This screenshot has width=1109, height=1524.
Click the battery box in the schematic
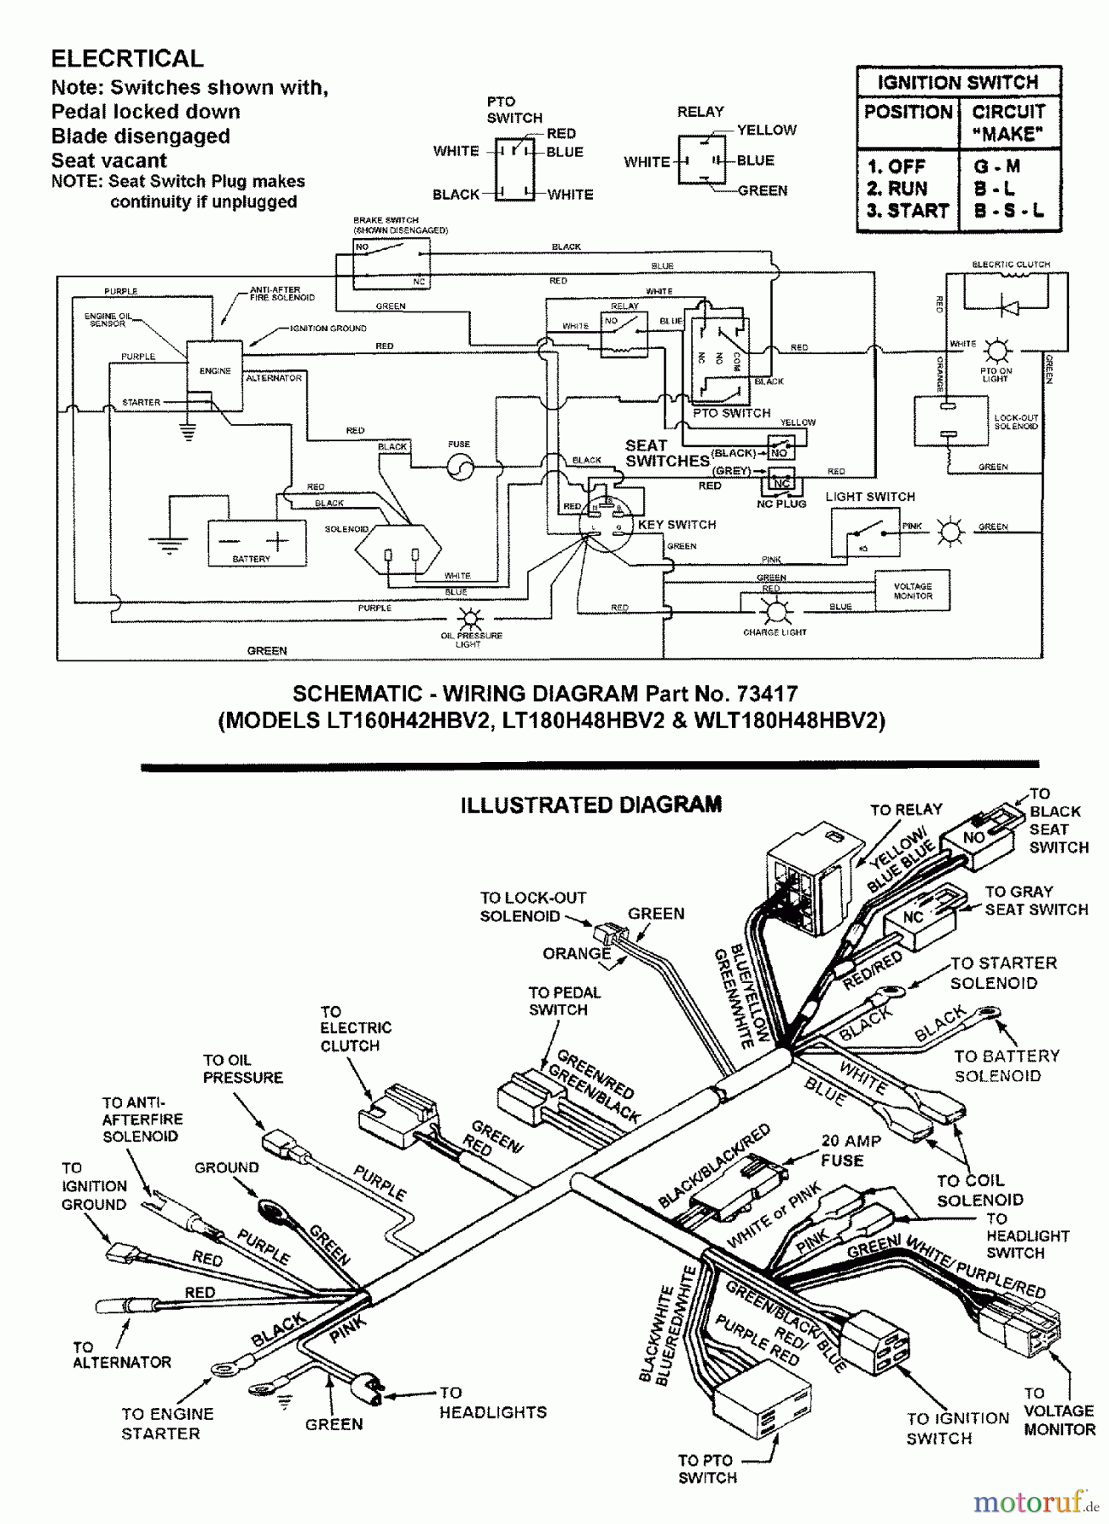point(256,543)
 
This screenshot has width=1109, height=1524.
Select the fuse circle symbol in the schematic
point(460,467)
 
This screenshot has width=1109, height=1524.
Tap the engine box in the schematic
point(214,376)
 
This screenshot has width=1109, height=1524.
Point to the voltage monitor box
point(912,590)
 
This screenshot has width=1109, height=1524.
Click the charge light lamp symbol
point(774,611)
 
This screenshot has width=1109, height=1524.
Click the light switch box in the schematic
point(865,533)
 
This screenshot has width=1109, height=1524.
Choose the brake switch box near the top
point(391,262)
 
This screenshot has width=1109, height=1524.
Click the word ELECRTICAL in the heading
point(127,58)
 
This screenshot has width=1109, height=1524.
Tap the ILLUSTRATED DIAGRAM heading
point(591,804)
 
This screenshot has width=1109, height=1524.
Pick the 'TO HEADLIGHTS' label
point(492,1403)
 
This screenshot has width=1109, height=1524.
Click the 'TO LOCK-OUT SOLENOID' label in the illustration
point(533,907)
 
